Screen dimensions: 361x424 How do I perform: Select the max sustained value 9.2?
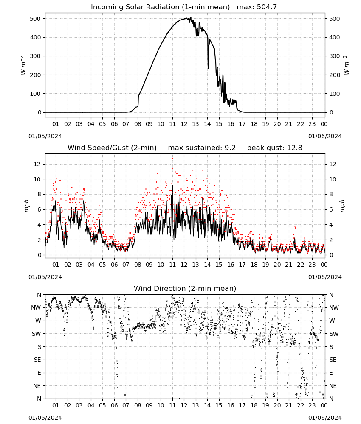point(230,148)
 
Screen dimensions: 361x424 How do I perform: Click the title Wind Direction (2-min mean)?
point(185,288)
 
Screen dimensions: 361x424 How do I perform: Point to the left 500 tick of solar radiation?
point(36,19)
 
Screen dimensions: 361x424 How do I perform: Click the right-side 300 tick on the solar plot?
point(334,56)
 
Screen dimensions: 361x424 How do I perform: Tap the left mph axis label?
point(26,206)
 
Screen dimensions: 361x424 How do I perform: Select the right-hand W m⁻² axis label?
point(347,65)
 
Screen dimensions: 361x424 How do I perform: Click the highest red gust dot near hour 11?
point(172,159)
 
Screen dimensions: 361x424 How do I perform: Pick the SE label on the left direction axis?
point(37,360)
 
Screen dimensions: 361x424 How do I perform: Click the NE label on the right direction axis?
point(333,386)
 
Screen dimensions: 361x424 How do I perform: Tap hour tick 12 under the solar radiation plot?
point(184,124)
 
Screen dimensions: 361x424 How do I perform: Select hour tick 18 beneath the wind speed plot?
point(254,265)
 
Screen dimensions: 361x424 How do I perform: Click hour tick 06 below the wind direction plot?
point(114,405)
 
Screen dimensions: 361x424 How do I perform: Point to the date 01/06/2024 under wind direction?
point(325,418)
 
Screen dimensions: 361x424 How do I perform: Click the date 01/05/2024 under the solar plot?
point(45,136)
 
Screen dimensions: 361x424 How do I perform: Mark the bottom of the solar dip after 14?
point(208,68)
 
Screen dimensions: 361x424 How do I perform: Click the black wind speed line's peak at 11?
point(172,186)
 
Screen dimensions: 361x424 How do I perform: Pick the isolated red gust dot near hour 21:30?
point(295,226)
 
